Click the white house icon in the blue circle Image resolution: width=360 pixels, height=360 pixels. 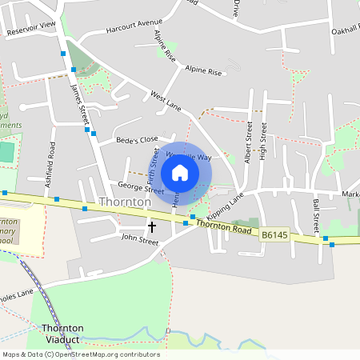click(180, 173)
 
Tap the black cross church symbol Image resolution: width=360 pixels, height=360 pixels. click(152, 227)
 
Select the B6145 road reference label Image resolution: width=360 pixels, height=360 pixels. click(274, 234)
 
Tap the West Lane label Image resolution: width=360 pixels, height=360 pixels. click(166, 100)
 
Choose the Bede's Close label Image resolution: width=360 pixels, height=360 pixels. click(138, 139)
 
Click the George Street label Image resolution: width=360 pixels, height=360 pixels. click(135, 186)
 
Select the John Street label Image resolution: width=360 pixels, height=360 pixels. click(140, 238)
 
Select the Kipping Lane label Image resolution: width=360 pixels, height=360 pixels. click(225, 207)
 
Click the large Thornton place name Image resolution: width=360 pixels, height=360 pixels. click(124, 202)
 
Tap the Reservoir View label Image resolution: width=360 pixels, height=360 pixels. click(31, 28)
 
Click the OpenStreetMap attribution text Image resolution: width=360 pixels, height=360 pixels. click(80, 354)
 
